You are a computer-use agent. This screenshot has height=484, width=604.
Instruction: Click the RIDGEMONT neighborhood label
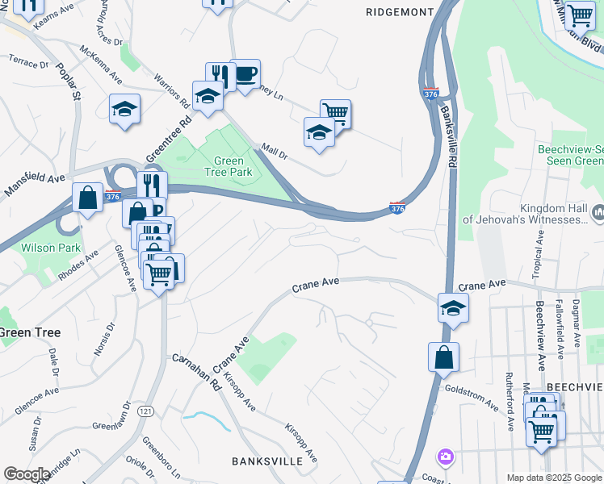click(401, 12)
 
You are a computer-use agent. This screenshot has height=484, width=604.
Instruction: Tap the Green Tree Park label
click(233, 166)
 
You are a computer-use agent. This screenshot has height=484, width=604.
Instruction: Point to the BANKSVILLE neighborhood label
click(266, 461)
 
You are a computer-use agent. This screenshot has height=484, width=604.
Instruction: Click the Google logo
click(27, 474)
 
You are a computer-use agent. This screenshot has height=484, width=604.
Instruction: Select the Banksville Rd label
click(450, 142)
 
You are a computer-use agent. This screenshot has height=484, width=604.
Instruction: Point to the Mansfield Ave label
click(35, 185)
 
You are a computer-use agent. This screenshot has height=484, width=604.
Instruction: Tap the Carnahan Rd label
click(195, 370)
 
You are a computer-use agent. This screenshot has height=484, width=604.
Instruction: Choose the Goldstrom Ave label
click(472, 397)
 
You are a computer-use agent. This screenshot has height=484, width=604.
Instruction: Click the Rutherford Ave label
click(510, 400)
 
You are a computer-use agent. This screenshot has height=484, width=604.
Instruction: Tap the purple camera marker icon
click(445, 457)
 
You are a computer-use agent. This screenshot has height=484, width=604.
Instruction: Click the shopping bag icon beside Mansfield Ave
click(87, 198)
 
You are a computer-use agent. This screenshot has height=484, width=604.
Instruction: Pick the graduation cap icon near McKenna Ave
click(125, 109)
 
